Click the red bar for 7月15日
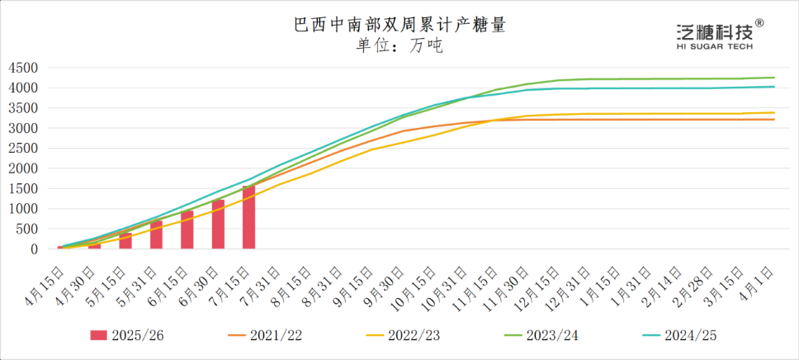click(248, 217)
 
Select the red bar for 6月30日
click(218, 224)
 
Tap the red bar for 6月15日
click(187, 230)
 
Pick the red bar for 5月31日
click(156, 234)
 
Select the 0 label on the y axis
click(35, 249)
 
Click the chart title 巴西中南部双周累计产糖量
click(399, 26)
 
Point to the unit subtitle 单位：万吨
click(399, 45)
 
